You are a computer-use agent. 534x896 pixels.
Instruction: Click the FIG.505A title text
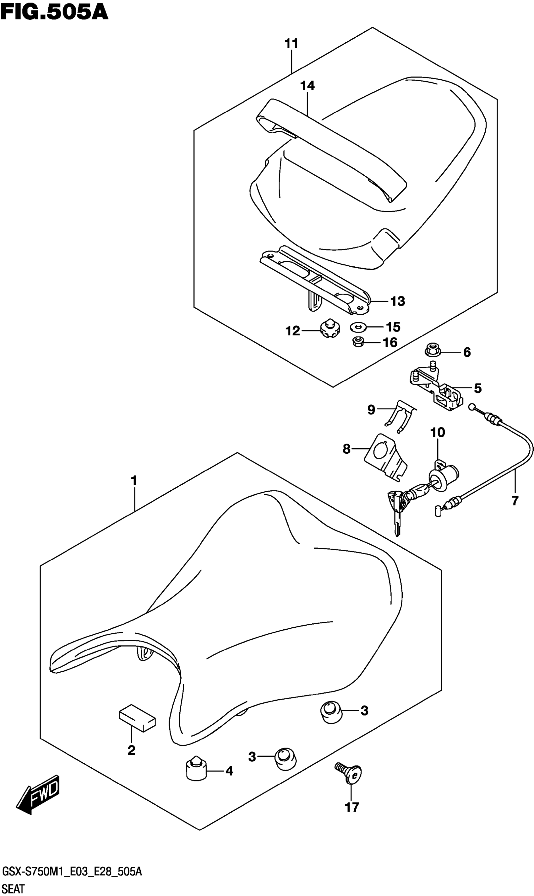pos(54,13)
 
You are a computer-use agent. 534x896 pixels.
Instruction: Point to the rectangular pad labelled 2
pos(137,718)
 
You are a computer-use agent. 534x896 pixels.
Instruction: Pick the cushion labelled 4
pos(196,771)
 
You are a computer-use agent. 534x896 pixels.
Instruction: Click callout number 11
pos(292,44)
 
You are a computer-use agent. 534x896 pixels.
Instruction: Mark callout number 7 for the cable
pos(515,501)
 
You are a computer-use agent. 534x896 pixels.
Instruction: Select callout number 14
pos(307,86)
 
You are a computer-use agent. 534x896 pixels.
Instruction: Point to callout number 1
pos(134,481)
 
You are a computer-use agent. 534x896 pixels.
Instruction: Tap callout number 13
pos(397,301)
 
